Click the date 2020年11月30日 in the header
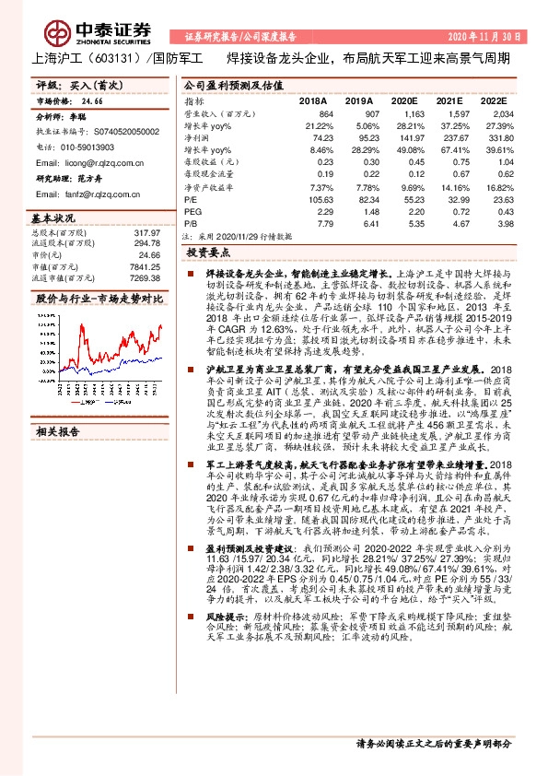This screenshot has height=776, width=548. coord(491,37)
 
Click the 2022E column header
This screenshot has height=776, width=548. coord(493,100)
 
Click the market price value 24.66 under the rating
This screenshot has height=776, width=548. coord(92,103)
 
